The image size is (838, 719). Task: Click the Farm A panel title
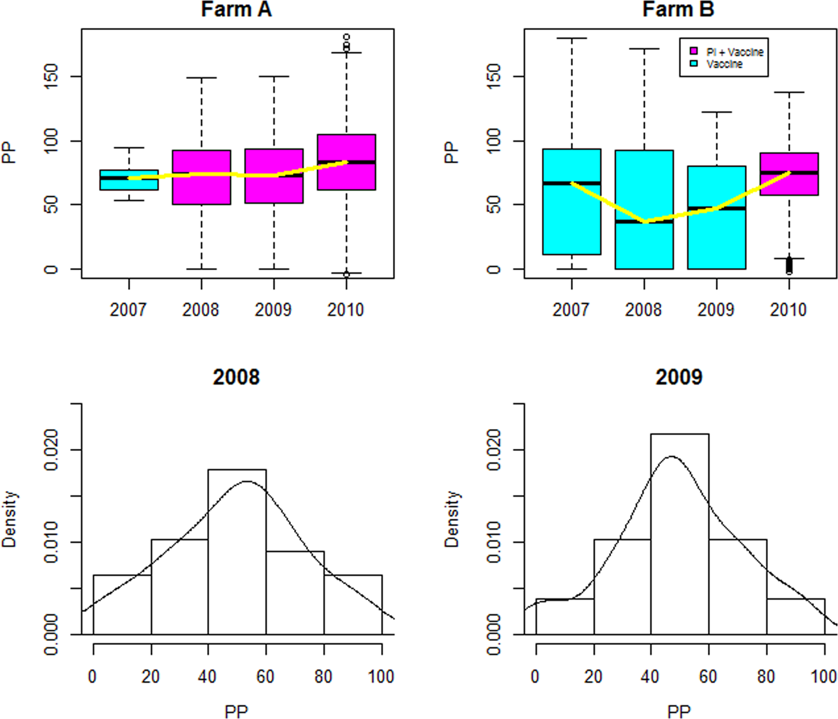pyautogui.click(x=236, y=10)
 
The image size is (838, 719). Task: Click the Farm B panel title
pyautogui.click(x=678, y=10)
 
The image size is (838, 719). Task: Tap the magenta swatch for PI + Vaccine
pyautogui.click(x=694, y=52)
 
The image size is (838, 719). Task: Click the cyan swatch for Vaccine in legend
pyautogui.click(x=694, y=64)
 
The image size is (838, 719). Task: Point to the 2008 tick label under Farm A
pyautogui.click(x=201, y=310)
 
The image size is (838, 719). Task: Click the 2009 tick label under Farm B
pyautogui.click(x=716, y=310)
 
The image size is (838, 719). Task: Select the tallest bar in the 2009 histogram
pyautogui.click(x=679, y=534)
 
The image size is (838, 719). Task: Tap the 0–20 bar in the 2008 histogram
pyautogui.click(x=122, y=604)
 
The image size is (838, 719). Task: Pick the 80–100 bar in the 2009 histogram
pyautogui.click(x=795, y=616)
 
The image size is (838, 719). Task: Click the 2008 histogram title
pyautogui.click(x=236, y=377)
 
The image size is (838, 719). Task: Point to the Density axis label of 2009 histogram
pyautogui.click(x=451, y=519)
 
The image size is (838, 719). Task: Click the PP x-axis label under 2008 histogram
pyautogui.click(x=236, y=711)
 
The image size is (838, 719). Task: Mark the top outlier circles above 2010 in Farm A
pyautogui.click(x=346, y=42)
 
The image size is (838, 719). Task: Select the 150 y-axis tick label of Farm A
pyautogui.click(x=51, y=76)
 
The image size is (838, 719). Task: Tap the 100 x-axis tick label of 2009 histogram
pyautogui.click(x=823, y=676)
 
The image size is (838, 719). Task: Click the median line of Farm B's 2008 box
pyautogui.click(x=644, y=221)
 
